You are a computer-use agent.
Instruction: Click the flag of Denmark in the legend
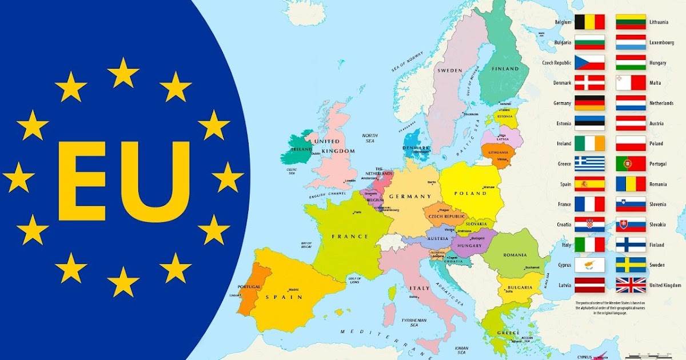(589, 83)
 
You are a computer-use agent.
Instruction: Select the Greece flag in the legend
(589, 164)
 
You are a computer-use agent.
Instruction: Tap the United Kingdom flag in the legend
(631, 285)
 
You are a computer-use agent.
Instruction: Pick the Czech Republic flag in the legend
(589, 62)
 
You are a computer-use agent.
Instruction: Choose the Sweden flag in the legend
(631, 265)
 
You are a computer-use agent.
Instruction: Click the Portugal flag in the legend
(631, 164)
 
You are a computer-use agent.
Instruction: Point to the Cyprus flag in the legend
(589, 265)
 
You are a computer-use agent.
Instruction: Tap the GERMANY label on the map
(410, 197)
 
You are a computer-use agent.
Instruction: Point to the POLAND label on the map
(470, 194)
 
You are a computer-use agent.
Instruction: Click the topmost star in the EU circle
(123, 73)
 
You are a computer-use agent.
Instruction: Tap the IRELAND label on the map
(301, 150)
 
